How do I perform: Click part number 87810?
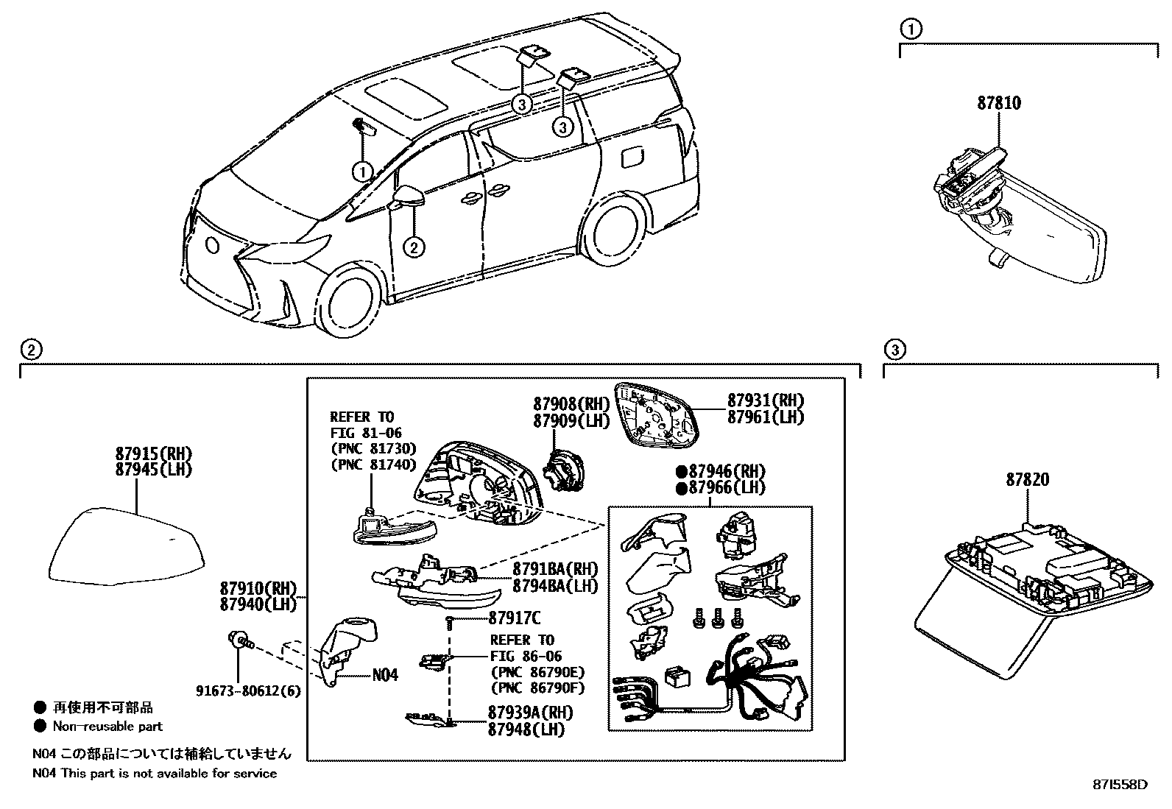pos(999,103)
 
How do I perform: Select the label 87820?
pos(1028,480)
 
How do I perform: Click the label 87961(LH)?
pos(766,417)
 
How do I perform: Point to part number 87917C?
pos(514,619)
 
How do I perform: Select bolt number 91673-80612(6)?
pos(248,691)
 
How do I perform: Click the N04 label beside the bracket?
pos(385,674)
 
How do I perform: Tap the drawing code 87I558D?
pos(1120,784)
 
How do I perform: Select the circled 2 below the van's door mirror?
pos(414,247)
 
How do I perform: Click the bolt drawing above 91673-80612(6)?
pos(239,641)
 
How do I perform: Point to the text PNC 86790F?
pos(537,688)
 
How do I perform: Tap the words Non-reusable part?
pos(107,726)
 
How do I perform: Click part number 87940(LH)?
pos(257,604)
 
